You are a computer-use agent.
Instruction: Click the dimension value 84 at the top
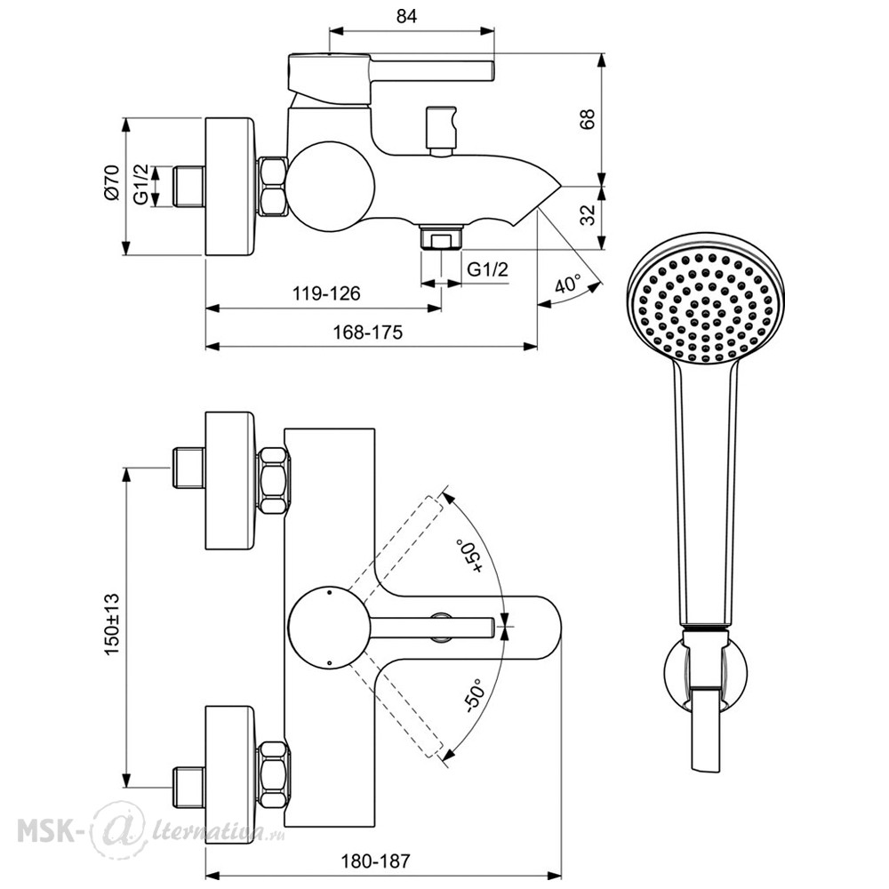pyautogui.click(x=406, y=16)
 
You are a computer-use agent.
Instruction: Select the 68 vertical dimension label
pyautogui.click(x=588, y=119)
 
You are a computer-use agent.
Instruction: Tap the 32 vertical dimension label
pyautogui.click(x=588, y=214)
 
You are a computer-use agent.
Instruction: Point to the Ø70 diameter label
pyautogui.click(x=111, y=182)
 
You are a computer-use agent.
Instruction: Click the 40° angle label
pyautogui.click(x=567, y=284)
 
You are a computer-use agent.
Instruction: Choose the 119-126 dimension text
pyautogui.click(x=326, y=293)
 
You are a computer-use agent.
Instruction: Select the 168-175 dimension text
pyautogui.click(x=367, y=332)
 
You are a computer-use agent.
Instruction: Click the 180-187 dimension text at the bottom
pyautogui.click(x=375, y=861)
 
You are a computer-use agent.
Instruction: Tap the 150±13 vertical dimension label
pyautogui.click(x=112, y=625)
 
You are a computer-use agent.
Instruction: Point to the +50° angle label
pyautogui.click(x=469, y=557)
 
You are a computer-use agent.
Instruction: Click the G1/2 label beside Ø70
pyautogui.click(x=140, y=184)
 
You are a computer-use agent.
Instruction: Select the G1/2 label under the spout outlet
pyautogui.click(x=487, y=268)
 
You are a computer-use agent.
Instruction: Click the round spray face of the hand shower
pyautogui.click(x=705, y=299)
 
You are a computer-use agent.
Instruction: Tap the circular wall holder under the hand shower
pyautogui.click(x=705, y=672)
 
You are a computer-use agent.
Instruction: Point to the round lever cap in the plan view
pyautogui.click(x=330, y=627)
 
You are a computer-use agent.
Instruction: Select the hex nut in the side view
pyautogui.click(x=272, y=186)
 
